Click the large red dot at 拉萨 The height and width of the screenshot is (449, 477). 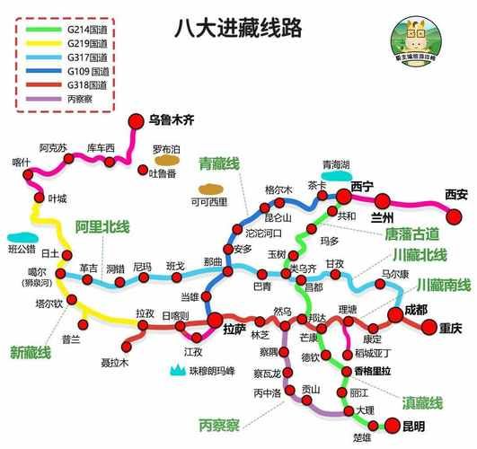coord(216,320)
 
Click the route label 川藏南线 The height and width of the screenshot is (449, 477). coord(443,285)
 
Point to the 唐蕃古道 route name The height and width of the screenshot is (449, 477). coord(418,233)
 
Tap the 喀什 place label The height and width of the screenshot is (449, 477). coord(21,162)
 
